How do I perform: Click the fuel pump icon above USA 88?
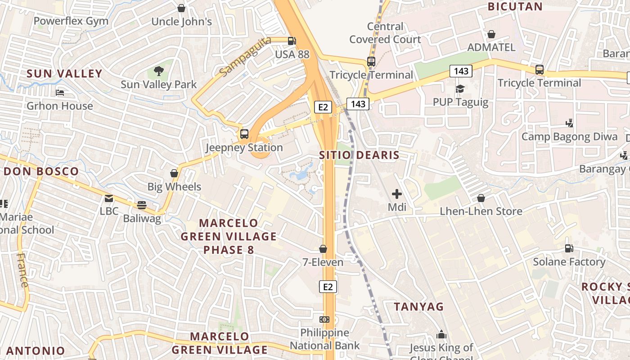(x=292, y=40)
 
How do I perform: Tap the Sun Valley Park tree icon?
(x=158, y=71)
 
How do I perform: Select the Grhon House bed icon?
(x=60, y=93)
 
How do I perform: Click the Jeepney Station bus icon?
(x=244, y=134)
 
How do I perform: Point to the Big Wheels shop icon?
(x=174, y=173)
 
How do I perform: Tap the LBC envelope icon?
(x=108, y=198)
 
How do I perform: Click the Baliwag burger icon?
(x=142, y=205)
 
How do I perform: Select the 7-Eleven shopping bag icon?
(x=323, y=249)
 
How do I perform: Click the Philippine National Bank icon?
(x=324, y=319)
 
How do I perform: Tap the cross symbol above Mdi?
(x=396, y=194)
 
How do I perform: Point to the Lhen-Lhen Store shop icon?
(x=481, y=198)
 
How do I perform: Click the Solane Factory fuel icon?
(x=569, y=248)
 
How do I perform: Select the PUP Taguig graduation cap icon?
(x=460, y=89)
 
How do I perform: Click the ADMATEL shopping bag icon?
(x=491, y=34)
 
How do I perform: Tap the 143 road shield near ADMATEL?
(x=461, y=71)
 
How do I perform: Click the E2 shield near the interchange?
(x=323, y=107)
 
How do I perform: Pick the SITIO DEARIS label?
(x=359, y=155)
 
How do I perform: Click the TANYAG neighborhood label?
(x=418, y=307)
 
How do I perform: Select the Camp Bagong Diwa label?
(x=569, y=136)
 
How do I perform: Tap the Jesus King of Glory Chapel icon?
(x=441, y=335)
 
